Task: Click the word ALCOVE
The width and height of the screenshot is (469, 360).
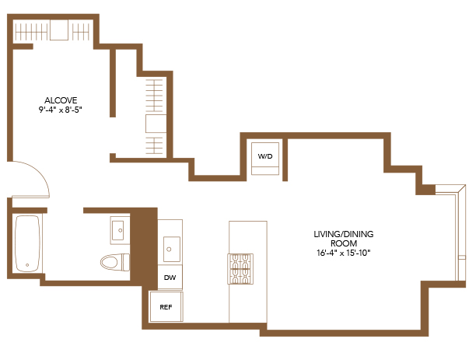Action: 61,100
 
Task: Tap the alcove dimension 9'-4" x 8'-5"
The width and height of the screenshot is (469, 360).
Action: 61,110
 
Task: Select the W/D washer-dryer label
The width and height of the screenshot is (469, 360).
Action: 265,156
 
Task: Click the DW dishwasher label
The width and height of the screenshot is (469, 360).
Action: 170,278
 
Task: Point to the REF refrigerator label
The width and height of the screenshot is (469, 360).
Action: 166,307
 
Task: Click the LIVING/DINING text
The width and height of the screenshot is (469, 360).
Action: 344,234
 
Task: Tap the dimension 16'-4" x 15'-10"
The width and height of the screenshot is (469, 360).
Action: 344,253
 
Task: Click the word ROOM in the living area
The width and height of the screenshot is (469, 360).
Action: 344,243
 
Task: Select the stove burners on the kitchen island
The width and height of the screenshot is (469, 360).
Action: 240,269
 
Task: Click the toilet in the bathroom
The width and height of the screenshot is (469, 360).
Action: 115,262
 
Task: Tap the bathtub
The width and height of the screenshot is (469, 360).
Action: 27,243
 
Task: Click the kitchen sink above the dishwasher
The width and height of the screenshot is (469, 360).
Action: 172,249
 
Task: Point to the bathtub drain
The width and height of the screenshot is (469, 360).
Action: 27,265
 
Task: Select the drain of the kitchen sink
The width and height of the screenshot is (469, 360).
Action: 169,250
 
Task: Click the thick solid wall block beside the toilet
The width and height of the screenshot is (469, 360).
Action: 144,246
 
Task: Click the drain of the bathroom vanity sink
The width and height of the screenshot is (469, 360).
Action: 121,230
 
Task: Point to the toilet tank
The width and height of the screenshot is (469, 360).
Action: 126,262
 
